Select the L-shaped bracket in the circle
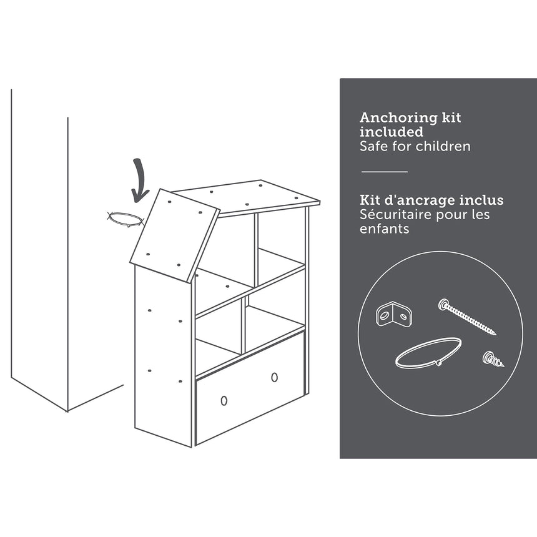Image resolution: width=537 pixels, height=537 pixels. (x=394, y=313)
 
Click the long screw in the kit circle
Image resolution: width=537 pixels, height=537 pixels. (x=467, y=317)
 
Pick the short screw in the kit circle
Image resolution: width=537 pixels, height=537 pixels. (x=493, y=359)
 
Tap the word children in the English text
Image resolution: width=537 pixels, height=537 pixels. (x=443, y=146)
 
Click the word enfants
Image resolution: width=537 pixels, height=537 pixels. (x=384, y=229)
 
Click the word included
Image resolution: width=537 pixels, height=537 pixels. (x=392, y=132)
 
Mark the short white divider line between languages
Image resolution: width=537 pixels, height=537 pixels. (x=385, y=172)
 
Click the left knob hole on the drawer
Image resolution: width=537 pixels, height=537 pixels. (x=224, y=400)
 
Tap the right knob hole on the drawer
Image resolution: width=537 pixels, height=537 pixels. (x=274, y=377)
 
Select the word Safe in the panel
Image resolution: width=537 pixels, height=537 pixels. (x=374, y=146)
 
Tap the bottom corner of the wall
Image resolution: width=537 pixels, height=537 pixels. (x=67, y=411)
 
